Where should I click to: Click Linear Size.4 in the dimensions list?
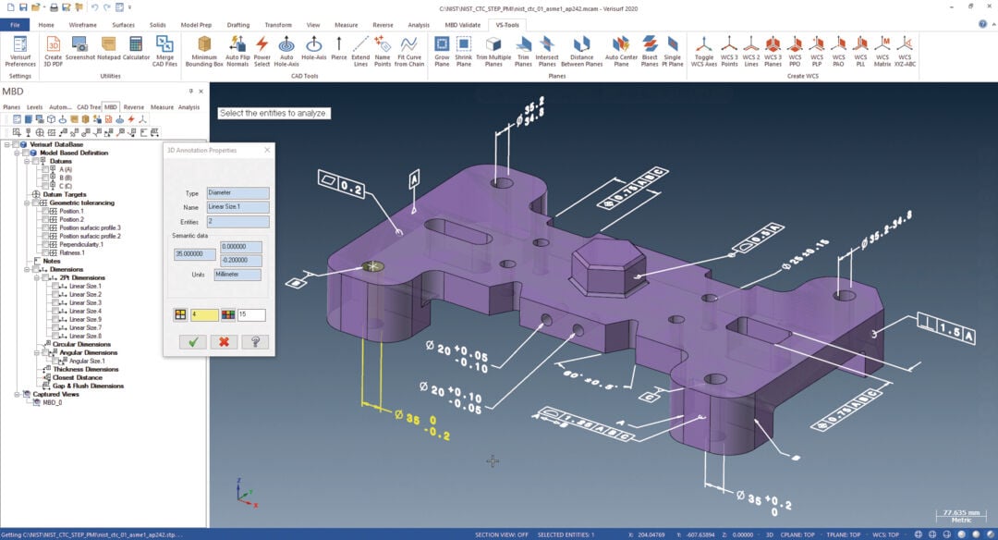pos(85,311)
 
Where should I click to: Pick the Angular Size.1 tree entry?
pos(87,361)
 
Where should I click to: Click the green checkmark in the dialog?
pos(193,341)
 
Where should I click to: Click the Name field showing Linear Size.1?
pos(238,207)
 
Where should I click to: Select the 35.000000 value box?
pos(194,254)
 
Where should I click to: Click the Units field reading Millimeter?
pos(237,275)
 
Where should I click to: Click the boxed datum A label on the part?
pos(415,178)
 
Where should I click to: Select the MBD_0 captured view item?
pos(54,403)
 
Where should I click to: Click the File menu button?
pos(15,24)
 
